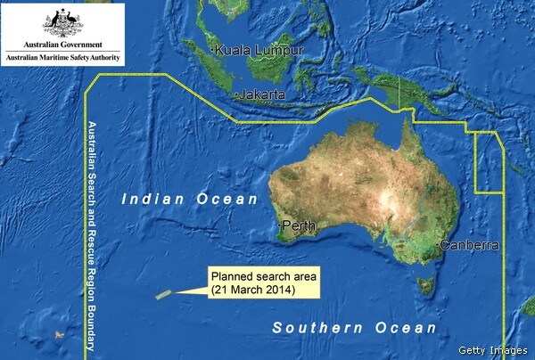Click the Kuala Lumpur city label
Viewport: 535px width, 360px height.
259,51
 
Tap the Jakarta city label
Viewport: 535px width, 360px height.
260,94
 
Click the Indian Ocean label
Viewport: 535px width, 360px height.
190,199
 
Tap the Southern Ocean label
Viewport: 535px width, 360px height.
355,329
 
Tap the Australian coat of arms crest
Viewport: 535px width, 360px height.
62,20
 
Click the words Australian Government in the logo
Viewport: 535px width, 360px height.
62,43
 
